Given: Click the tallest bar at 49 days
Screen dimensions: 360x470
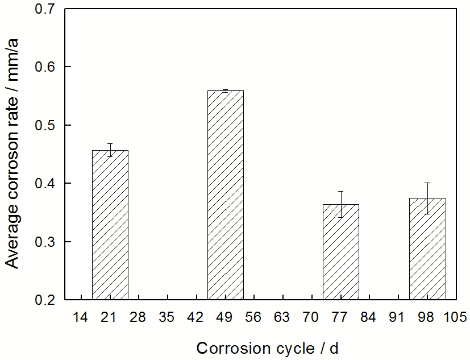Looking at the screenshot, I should point(225,196).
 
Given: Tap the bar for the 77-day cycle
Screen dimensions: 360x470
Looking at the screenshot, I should point(340,253).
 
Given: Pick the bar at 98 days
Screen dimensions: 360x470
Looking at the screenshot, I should point(427,250).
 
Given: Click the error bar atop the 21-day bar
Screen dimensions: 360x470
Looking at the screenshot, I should point(110,150).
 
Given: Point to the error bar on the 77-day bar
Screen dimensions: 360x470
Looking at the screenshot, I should point(340,204).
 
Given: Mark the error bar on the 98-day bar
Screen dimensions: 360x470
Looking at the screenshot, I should point(427,198).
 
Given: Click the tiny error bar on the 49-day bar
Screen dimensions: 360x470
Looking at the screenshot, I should point(225,90).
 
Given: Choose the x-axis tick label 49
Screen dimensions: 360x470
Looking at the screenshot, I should point(225,317).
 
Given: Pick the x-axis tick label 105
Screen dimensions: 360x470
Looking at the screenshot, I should point(456,317).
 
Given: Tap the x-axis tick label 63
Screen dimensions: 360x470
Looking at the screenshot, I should point(283,317).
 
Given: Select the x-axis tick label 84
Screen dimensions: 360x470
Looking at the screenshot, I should point(369,317).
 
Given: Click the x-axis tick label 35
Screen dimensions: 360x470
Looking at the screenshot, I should point(168,317).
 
